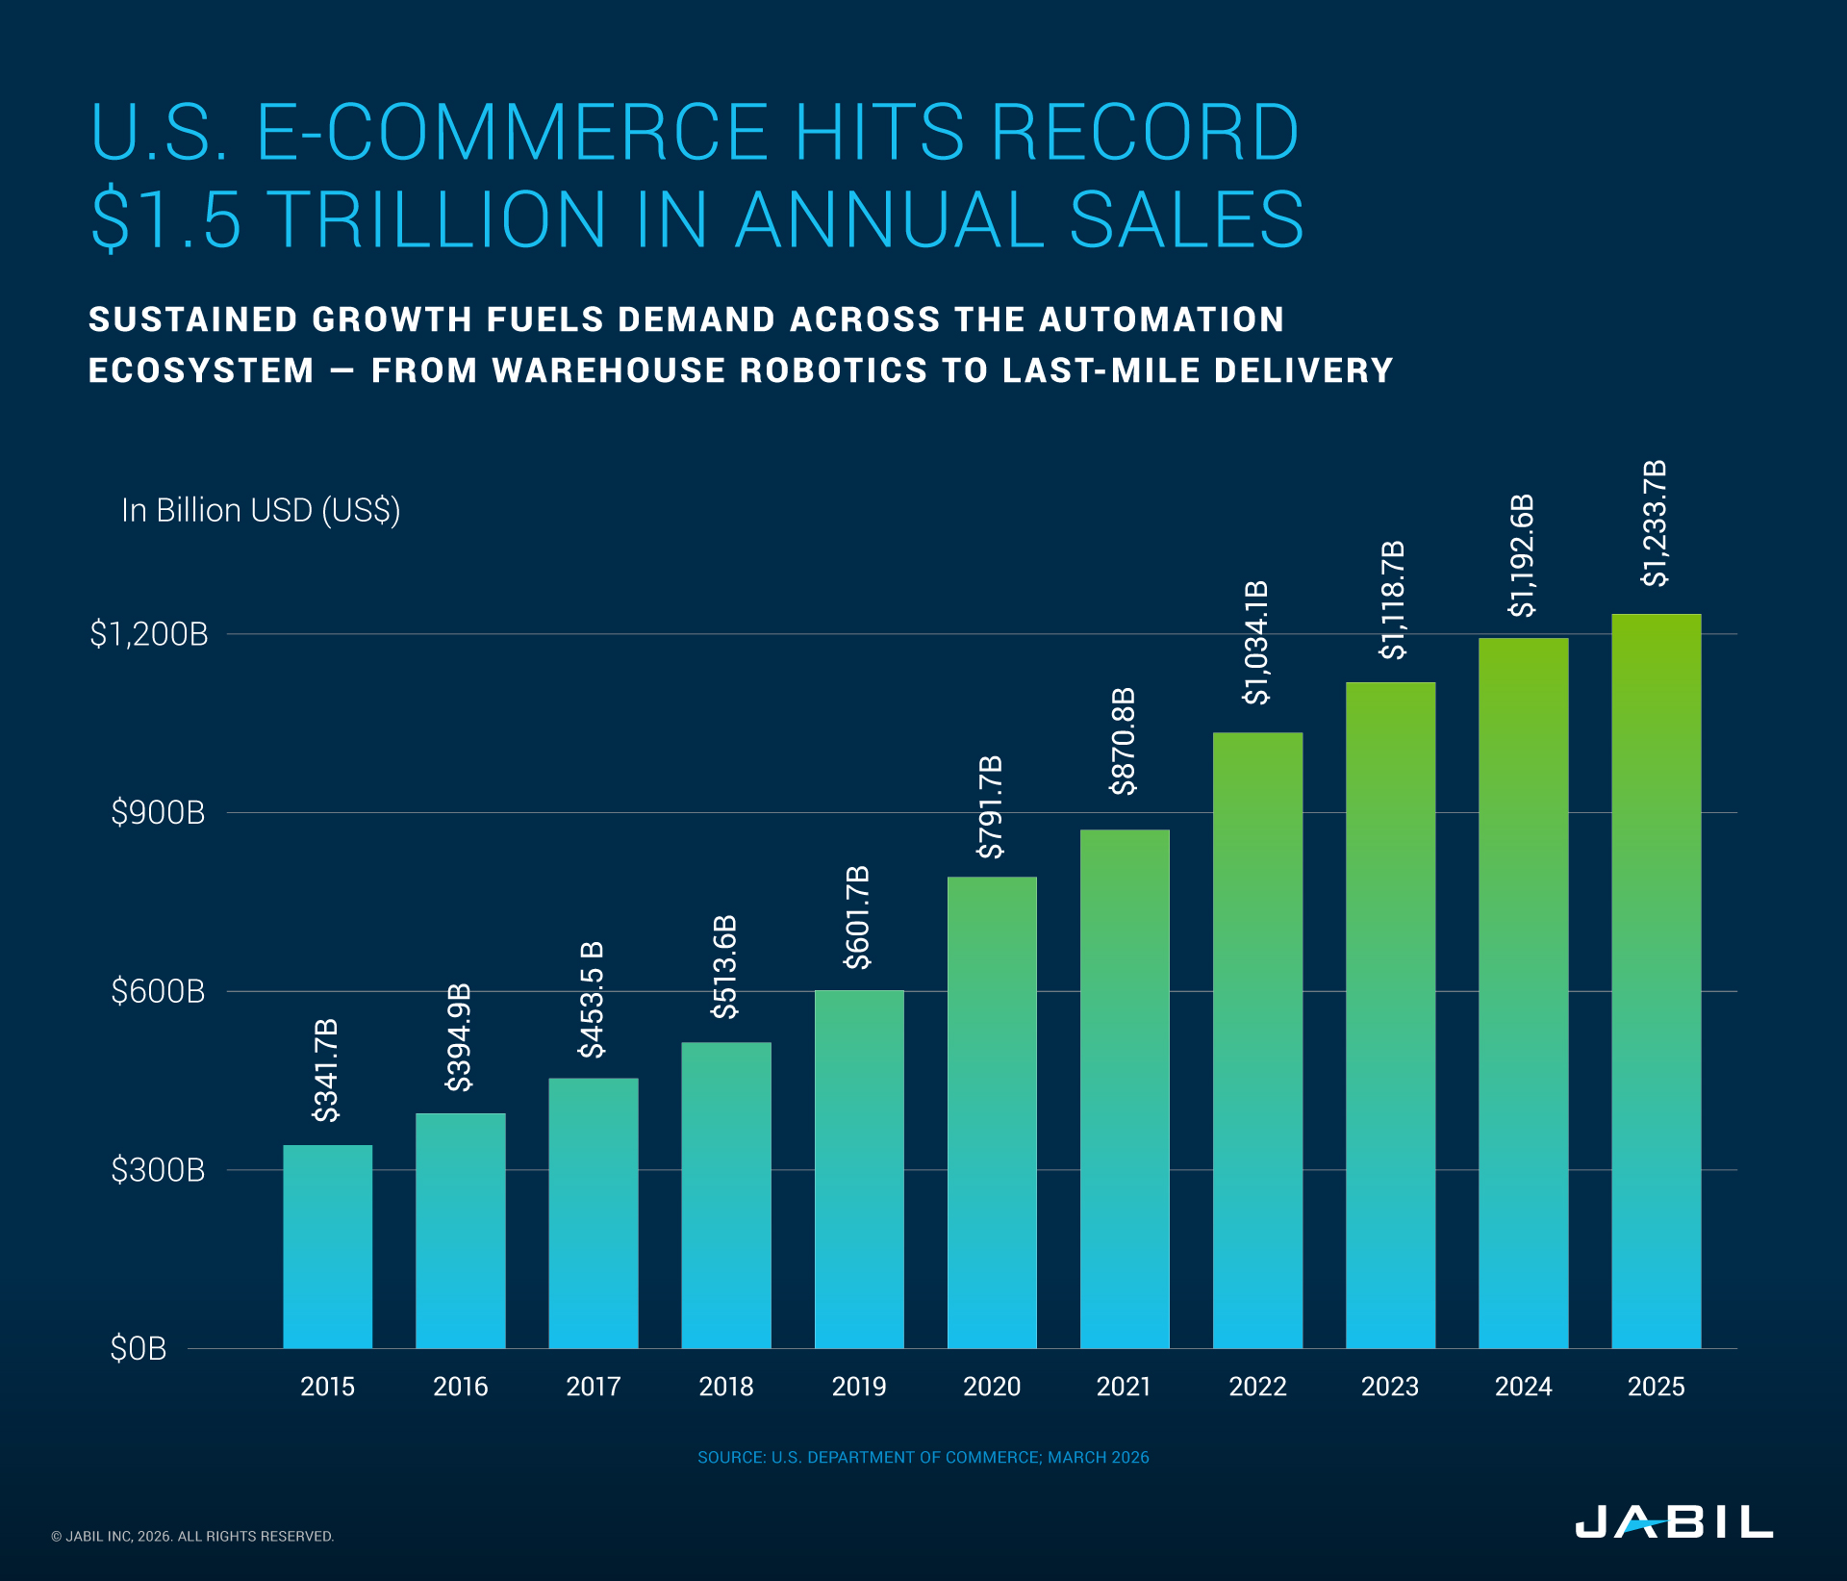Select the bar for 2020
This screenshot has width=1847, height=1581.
point(992,1111)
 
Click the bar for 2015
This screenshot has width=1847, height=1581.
point(327,1246)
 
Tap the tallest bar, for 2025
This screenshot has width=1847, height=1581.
point(1656,982)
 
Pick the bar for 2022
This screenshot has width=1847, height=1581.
point(1257,1039)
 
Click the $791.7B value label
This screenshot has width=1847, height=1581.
point(990,806)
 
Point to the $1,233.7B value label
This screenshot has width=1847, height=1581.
point(1655,523)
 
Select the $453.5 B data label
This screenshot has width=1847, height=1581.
point(592,1000)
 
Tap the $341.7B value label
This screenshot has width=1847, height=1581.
point(326,1069)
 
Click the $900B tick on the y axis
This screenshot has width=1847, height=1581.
point(158,813)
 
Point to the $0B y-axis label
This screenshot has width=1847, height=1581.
point(139,1349)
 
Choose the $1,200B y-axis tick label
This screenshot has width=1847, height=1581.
point(149,634)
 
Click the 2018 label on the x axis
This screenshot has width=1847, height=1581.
point(726,1387)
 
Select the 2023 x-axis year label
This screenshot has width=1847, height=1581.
point(1390,1387)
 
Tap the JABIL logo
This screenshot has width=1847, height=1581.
point(1673,1522)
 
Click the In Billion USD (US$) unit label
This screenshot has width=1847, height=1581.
point(261,510)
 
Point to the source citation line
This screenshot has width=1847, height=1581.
point(923,1457)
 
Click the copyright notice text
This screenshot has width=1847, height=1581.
point(192,1537)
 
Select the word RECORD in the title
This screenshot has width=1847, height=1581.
point(1144,133)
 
